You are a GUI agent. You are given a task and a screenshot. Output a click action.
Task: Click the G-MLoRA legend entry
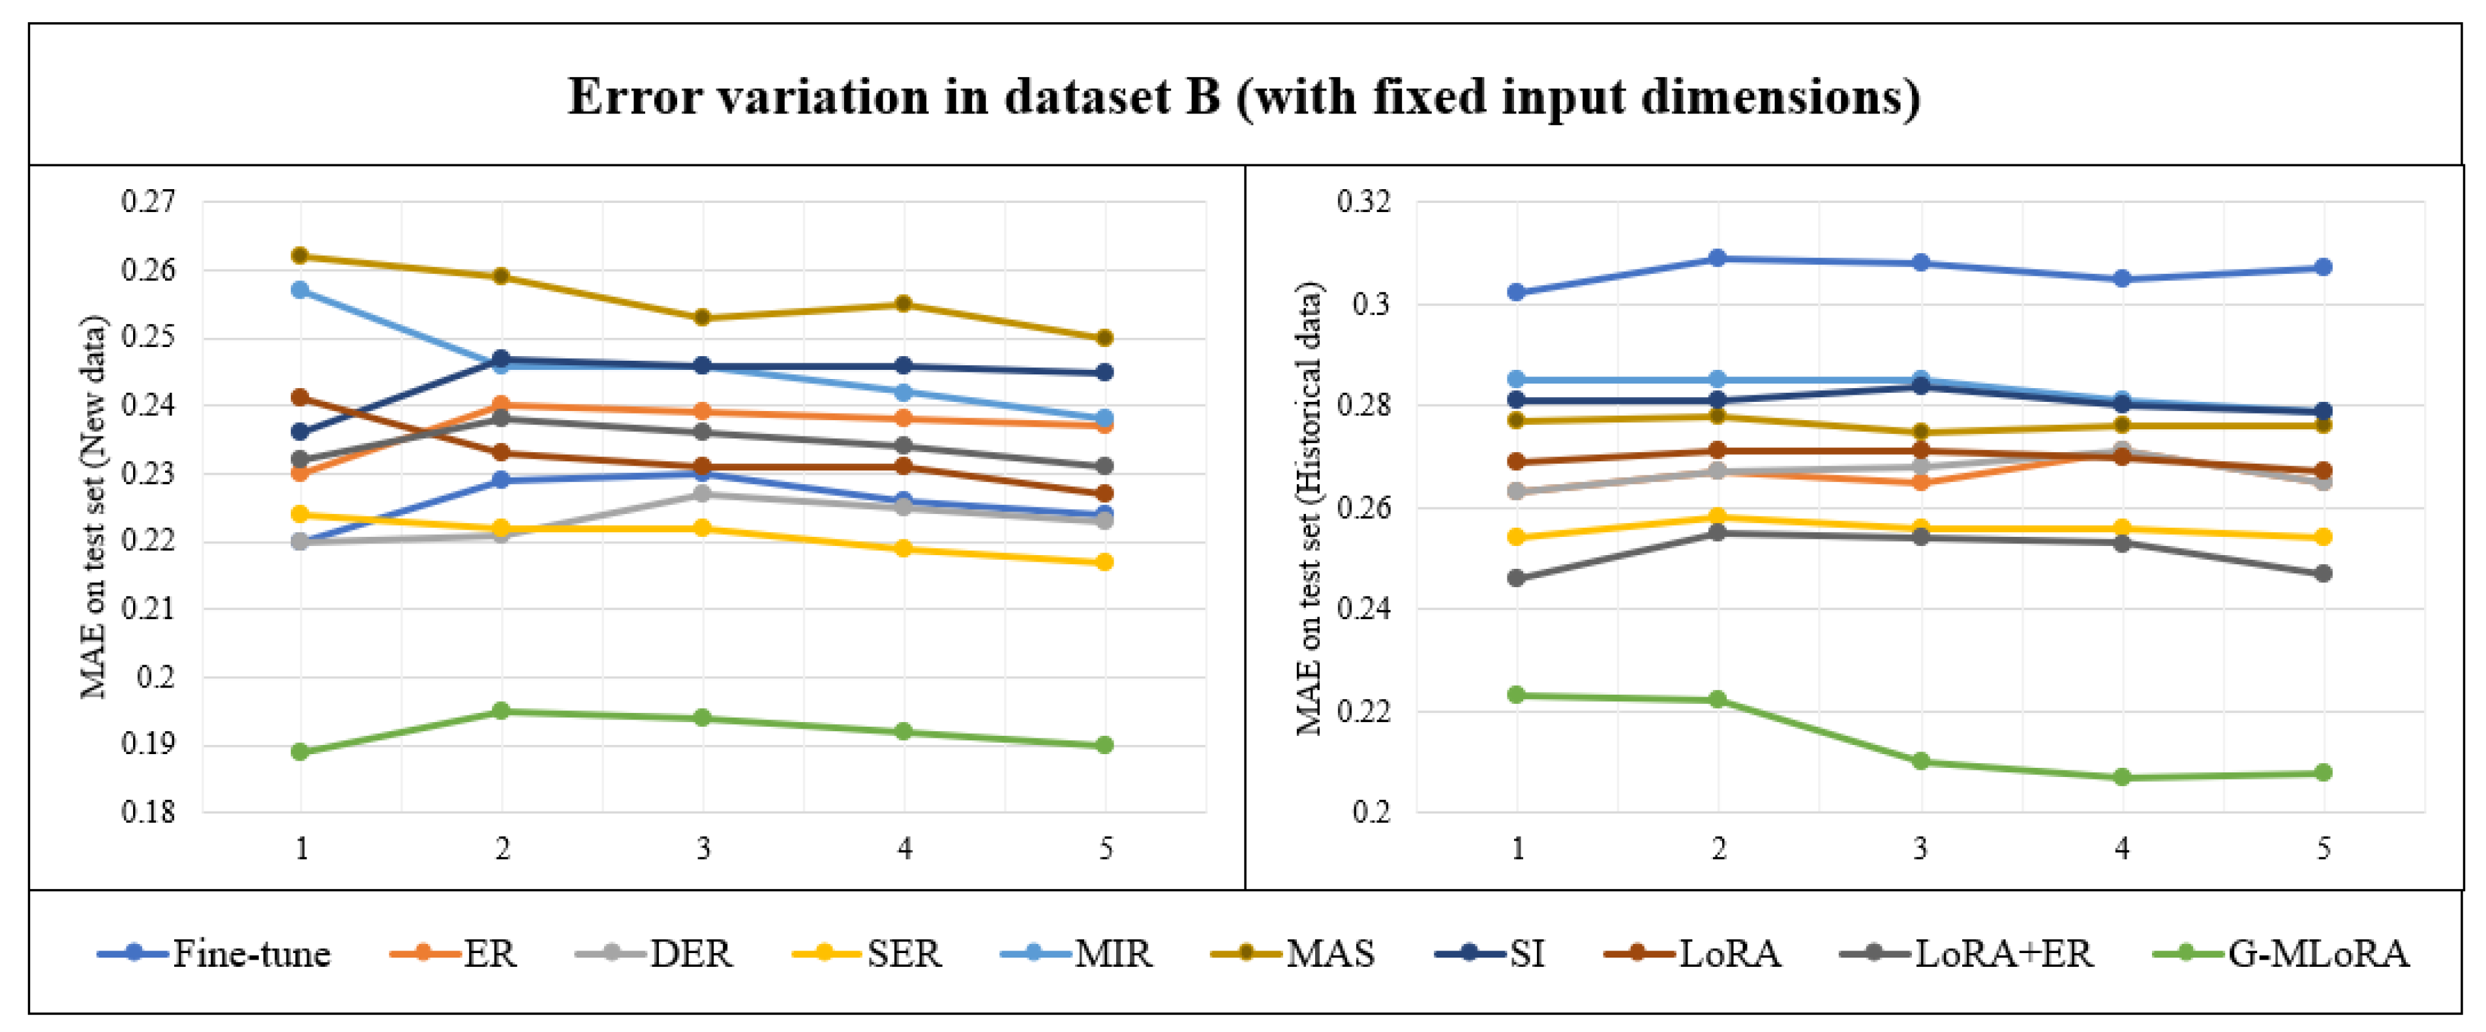pos(2281,953)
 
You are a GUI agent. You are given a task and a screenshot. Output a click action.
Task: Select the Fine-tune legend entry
pos(213,953)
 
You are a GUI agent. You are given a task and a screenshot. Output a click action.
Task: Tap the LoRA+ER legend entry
pos(1967,953)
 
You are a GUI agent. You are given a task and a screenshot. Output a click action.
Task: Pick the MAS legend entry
pos(1292,953)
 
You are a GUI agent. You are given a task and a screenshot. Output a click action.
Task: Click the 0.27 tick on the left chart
pos(149,201)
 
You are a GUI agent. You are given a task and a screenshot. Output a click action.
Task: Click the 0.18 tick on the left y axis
pos(149,812)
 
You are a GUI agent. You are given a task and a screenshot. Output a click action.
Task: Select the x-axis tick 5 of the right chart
pos(2323,849)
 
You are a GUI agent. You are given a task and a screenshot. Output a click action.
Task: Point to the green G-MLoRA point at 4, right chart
pos(2122,777)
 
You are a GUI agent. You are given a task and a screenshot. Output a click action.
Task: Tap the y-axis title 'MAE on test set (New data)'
pos(94,507)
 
